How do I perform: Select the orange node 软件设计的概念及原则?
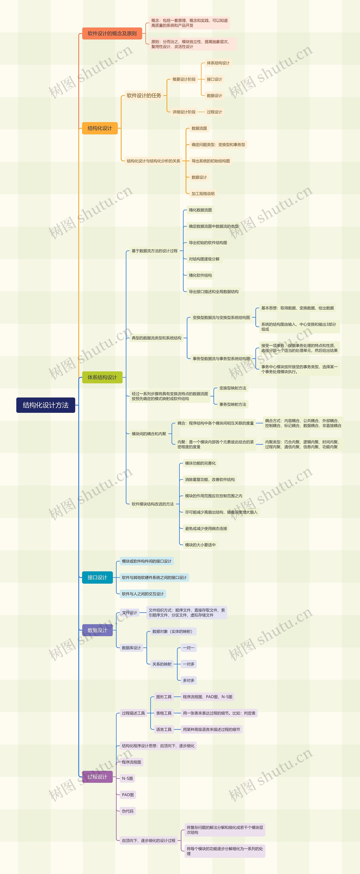112,33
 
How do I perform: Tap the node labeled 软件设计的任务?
144,96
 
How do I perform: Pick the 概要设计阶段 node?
184,79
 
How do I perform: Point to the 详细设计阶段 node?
184,112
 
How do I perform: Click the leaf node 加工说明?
203,194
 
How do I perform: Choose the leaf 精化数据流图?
200,210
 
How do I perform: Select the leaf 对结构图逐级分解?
204,259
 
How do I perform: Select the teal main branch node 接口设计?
97,577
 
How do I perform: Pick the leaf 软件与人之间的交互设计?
142,594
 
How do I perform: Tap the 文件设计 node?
129,612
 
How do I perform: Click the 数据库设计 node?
131,648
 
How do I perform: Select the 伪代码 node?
128,811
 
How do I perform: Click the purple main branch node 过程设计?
97,777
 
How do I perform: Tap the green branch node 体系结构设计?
102,377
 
